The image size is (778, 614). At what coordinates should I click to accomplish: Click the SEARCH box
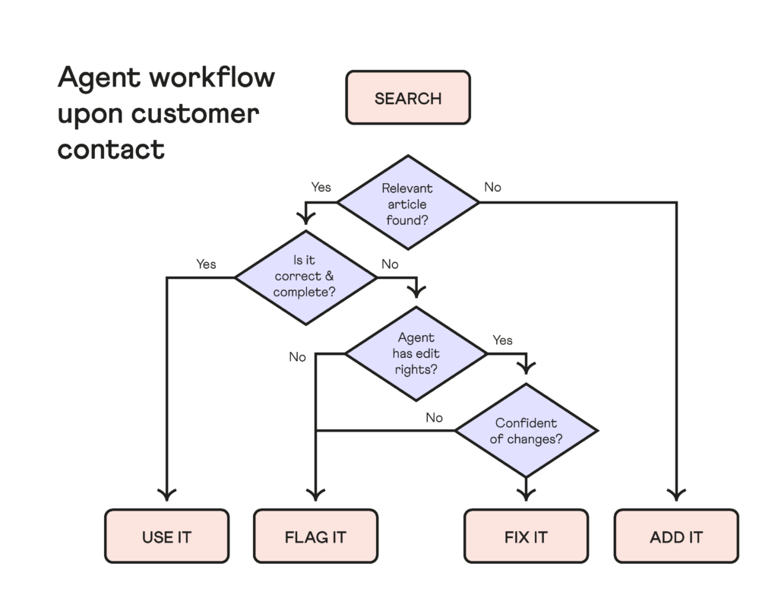click(x=408, y=97)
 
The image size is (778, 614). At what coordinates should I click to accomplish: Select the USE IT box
click(x=166, y=536)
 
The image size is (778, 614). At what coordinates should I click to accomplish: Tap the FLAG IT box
click(x=315, y=536)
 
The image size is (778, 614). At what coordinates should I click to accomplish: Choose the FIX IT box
click(x=526, y=536)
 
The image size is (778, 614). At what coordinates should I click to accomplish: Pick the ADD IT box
click(x=676, y=536)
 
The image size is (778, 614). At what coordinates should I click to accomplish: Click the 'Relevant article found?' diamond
click(x=408, y=203)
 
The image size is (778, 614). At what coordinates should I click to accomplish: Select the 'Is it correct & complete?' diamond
click(x=305, y=278)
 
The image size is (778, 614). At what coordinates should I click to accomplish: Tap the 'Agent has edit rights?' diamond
click(x=416, y=353)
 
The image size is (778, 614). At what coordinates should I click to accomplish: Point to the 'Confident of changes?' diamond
click(x=526, y=430)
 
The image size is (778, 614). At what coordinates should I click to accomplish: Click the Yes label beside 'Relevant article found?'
click(x=321, y=187)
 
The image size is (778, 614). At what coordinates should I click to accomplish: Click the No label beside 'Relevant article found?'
click(x=492, y=187)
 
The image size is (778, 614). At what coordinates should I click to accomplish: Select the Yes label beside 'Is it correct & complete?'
click(x=206, y=264)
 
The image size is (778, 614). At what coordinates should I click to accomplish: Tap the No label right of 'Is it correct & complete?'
click(x=390, y=264)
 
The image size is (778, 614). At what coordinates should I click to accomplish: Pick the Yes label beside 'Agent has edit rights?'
click(x=503, y=340)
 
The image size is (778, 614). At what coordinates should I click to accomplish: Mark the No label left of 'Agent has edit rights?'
click(x=297, y=357)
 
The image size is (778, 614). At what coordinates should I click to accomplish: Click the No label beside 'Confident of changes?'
click(x=434, y=417)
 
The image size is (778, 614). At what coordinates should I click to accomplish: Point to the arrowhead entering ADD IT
click(x=676, y=495)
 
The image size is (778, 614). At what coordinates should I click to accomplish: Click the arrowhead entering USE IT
click(x=166, y=495)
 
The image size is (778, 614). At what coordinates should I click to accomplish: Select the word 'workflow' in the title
click(x=213, y=78)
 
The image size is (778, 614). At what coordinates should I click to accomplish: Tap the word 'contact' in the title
click(x=111, y=150)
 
